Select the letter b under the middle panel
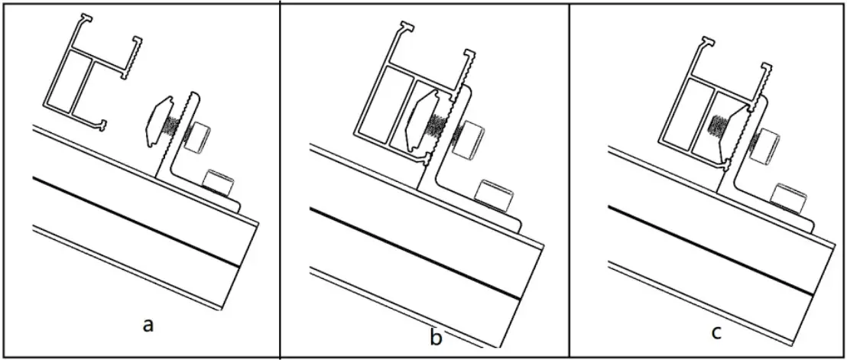(436, 336)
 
